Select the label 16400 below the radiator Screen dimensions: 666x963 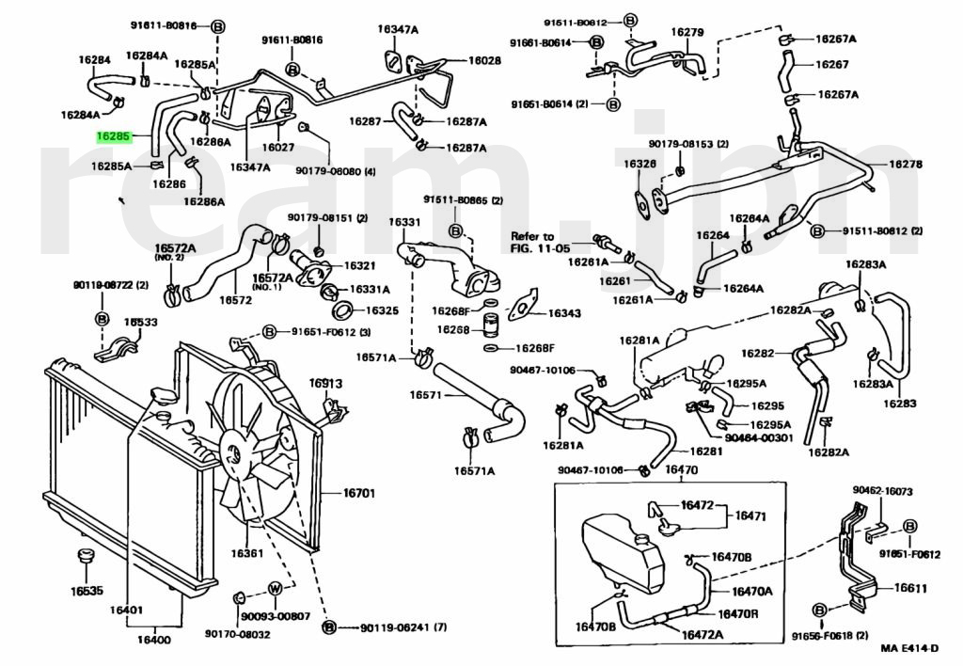click(x=155, y=641)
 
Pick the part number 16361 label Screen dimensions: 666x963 click(x=246, y=552)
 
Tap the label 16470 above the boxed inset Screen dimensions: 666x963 click(x=681, y=470)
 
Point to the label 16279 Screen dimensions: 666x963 click(x=687, y=32)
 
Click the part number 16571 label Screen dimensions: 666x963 click(x=425, y=395)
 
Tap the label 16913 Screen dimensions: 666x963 click(x=326, y=384)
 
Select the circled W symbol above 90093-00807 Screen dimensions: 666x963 click(x=275, y=589)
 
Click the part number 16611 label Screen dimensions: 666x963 click(x=910, y=588)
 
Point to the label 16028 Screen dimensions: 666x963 click(x=485, y=60)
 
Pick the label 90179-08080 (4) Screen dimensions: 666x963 click(x=335, y=171)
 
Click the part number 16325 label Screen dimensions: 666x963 click(x=382, y=310)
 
